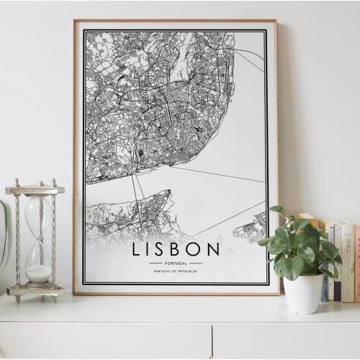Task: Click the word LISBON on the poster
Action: click(x=176, y=250)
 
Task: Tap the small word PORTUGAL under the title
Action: click(x=176, y=264)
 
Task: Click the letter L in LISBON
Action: click(x=137, y=250)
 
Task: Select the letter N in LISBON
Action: click(x=213, y=250)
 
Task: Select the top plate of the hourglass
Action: click(x=35, y=190)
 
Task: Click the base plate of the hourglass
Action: click(x=35, y=291)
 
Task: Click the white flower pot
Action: click(x=303, y=294)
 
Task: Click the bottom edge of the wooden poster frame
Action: click(x=176, y=292)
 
